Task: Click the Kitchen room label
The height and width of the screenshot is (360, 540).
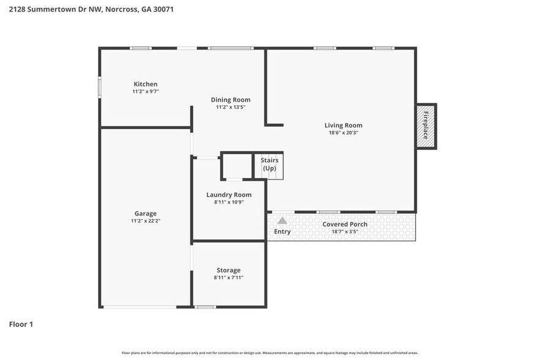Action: [146, 84]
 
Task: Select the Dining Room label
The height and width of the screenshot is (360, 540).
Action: [230, 100]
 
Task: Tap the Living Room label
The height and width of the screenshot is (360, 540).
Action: [343, 126]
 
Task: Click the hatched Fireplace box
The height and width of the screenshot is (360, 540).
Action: [426, 126]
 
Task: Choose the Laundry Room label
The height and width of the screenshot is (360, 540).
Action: [228, 195]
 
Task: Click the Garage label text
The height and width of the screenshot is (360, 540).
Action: [146, 214]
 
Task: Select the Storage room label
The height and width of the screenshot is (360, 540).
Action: [228, 270]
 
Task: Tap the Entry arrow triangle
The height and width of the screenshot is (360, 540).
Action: [282, 220]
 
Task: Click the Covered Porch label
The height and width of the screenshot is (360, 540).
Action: [345, 224]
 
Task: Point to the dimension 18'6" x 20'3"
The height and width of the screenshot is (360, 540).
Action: [343, 132]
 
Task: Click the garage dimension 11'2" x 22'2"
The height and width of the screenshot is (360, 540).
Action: [146, 220]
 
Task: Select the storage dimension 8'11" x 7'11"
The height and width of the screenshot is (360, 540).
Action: [228, 277]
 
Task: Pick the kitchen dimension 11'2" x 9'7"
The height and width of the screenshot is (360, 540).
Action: [146, 91]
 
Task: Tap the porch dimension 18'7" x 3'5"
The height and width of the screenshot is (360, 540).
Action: [345, 231]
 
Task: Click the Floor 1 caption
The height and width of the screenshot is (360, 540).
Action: [21, 324]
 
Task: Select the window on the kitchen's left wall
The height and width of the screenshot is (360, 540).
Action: [100, 86]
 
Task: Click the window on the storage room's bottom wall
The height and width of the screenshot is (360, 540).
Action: [205, 306]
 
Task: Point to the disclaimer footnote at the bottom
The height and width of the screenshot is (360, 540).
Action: [269, 353]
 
